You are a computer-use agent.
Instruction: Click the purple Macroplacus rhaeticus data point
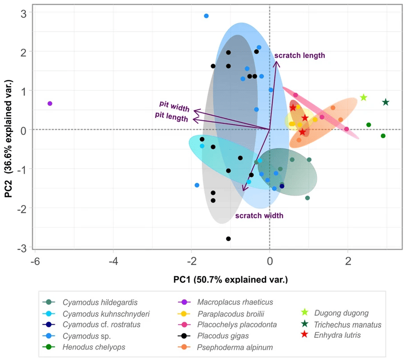click(50, 104)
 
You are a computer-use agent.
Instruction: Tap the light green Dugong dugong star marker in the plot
click(364, 98)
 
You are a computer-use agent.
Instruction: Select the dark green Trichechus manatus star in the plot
click(386, 102)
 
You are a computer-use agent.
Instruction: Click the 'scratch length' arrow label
click(299, 56)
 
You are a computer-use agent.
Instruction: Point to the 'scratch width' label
click(259, 216)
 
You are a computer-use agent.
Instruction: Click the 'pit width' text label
click(174, 106)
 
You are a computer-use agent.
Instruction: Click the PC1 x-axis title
click(230, 280)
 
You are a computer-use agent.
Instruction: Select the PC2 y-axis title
click(8, 138)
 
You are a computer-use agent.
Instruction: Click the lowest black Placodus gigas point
click(228, 239)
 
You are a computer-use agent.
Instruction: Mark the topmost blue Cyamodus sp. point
click(206, 16)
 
